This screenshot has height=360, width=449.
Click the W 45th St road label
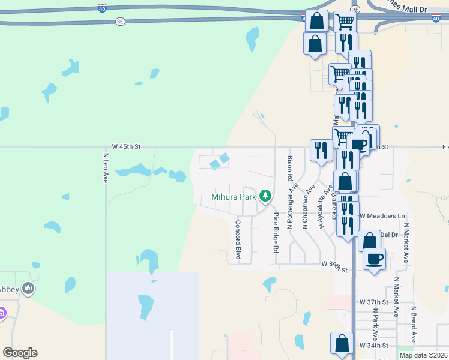tap(125, 146)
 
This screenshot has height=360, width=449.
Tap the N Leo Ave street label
tap(105, 168)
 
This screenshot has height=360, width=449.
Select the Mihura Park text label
tap(234, 196)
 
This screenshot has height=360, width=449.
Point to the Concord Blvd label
tap(238, 241)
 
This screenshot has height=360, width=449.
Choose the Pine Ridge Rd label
tap(276, 232)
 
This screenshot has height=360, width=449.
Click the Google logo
tap(20, 353)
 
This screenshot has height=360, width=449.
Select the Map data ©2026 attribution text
tap(423, 355)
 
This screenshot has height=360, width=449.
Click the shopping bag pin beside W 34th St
tap(342, 344)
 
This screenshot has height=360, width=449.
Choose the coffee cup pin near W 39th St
tap(375, 259)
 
